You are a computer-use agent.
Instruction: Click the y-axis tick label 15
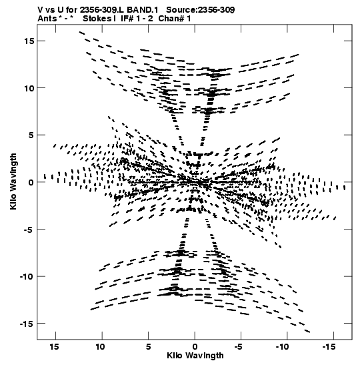29,41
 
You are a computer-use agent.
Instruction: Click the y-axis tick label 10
29,88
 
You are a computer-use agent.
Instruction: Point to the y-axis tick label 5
31,135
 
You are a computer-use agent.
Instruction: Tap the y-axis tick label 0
31,182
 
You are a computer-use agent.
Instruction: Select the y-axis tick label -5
29,230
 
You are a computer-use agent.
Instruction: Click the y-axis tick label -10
27,276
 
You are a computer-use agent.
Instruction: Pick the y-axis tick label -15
27,324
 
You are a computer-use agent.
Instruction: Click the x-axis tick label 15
54,347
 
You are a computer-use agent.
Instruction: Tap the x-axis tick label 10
100,347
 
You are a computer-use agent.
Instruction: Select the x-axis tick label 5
148,347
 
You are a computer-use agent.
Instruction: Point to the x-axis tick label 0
195,347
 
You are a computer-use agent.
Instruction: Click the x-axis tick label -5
239,347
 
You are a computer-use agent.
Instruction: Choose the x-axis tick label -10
283,347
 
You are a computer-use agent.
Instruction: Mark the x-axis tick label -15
329,347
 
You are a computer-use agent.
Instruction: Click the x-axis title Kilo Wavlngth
195,356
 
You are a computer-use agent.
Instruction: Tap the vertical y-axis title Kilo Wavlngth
13,181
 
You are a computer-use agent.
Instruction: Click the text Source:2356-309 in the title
201,10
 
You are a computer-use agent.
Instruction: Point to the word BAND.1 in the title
142,10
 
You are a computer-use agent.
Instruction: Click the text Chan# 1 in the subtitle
175,19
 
